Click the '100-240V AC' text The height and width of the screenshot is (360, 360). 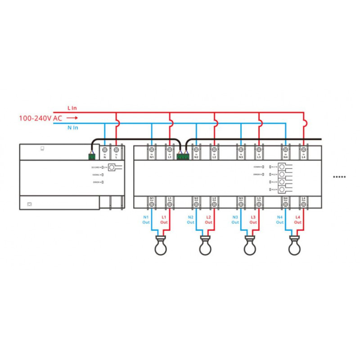pos(40,119)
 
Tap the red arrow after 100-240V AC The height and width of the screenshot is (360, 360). pos(72,119)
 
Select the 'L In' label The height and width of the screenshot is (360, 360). pos(72,108)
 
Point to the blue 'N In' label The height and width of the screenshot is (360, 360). pos(72,128)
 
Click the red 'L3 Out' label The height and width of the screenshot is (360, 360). pos(253,220)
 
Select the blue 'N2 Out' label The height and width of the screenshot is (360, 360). pos(191,220)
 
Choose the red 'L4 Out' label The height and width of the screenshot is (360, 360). pos(298,220)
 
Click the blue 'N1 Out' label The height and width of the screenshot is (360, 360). pos(146,220)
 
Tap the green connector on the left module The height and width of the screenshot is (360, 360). pos(92,156)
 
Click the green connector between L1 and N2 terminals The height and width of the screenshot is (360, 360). pos(183,156)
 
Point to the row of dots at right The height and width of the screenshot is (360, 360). pos(339,177)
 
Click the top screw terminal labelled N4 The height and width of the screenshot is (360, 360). pos(285,149)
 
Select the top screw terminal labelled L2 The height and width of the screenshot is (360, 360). pos(214,149)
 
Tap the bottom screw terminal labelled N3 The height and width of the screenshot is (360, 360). pos(241,205)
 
